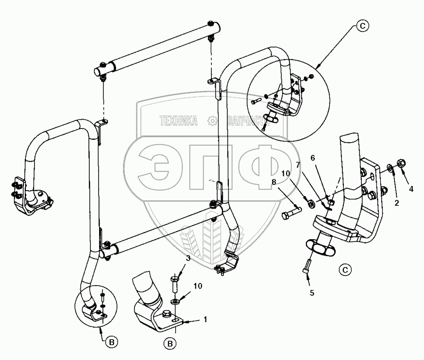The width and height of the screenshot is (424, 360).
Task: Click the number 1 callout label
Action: point(205,320)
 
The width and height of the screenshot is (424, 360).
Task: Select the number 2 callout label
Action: point(396,203)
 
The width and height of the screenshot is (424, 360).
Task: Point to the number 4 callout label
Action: point(411,189)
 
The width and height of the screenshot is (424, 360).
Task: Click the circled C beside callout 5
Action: point(345,268)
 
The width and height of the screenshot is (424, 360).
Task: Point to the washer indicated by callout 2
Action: point(390,168)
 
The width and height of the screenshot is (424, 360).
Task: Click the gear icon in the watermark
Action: point(211,121)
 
